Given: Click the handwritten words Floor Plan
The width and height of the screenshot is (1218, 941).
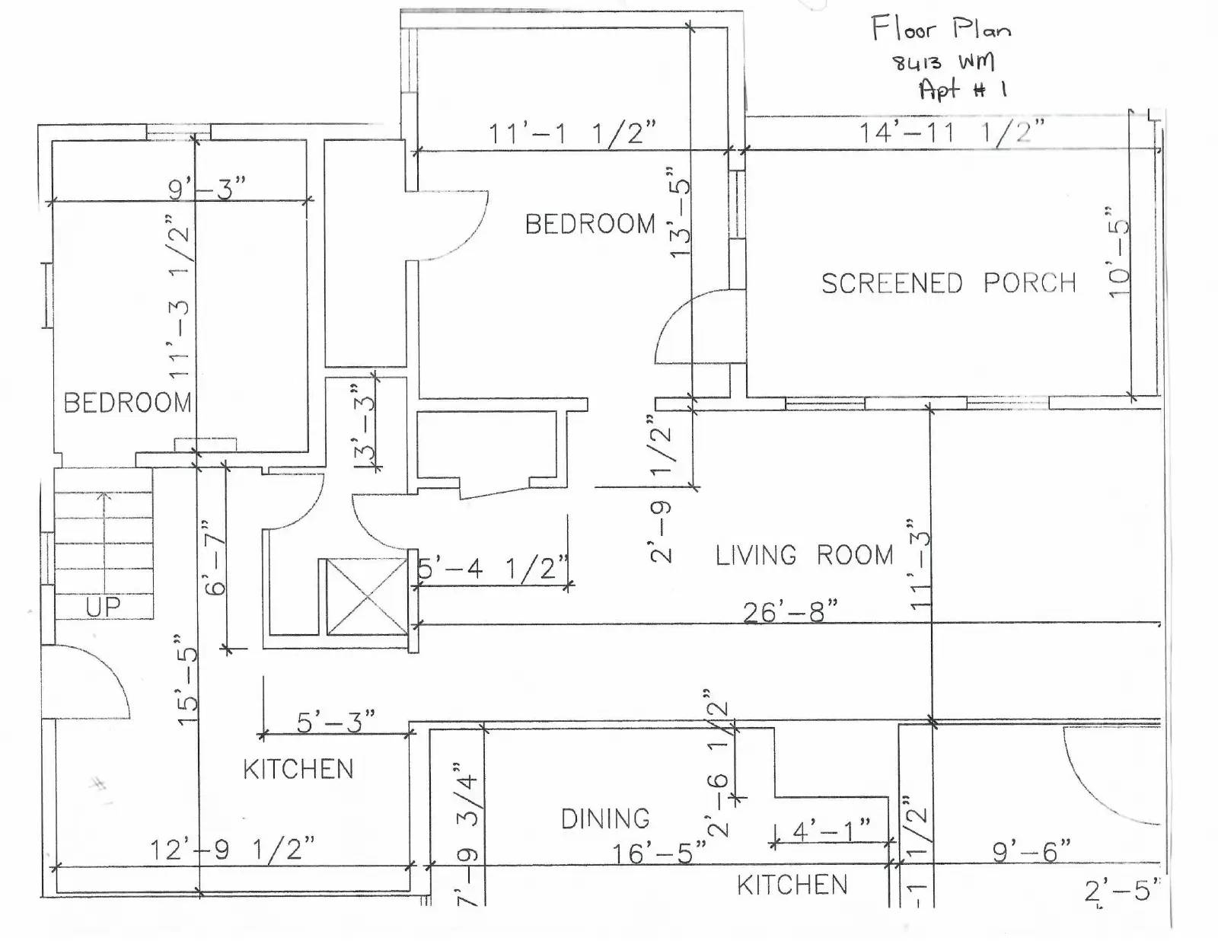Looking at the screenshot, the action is [x=942, y=28].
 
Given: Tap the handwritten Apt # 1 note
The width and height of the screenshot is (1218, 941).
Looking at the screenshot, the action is [x=963, y=89].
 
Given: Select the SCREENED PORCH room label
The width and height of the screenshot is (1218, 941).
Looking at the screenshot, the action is [x=949, y=283].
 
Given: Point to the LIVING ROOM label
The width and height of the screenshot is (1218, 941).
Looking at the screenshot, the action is [x=805, y=555].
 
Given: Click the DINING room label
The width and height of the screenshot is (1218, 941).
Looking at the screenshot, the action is [x=605, y=819].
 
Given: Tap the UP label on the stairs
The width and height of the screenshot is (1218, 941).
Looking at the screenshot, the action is [x=103, y=607].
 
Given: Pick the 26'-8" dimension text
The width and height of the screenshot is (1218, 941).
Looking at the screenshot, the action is [x=791, y=612].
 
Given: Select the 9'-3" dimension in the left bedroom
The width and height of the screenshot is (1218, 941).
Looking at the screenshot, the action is [x=207, y=188].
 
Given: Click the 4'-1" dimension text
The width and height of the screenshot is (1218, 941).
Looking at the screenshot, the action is [x=832, y=830].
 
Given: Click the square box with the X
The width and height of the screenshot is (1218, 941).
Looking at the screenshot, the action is [x=367, y=597].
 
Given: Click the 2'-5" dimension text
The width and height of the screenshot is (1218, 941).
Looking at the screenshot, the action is [x=1120, y=891].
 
